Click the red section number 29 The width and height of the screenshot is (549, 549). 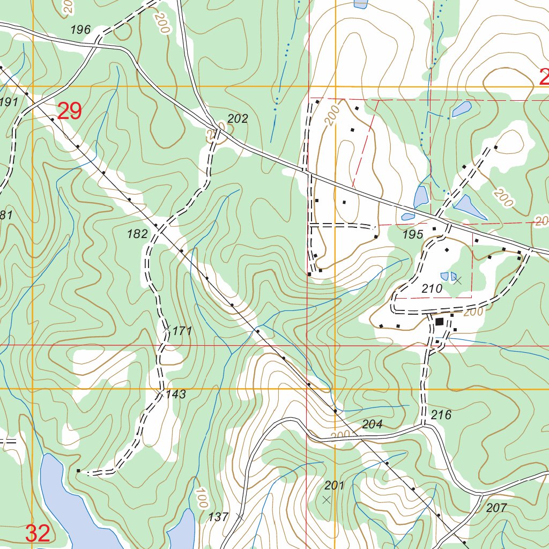point(69,112)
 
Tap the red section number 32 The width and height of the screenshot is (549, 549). point(38,533)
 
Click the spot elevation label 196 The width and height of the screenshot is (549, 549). point(80,30)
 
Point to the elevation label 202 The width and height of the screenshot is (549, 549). point(238,119)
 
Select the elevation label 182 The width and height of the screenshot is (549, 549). point(137,234)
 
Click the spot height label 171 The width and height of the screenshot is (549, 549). point(182,331)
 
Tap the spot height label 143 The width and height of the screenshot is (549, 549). point(175,395)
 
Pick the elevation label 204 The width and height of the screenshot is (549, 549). point(372,425)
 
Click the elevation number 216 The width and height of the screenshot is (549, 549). point(441,415)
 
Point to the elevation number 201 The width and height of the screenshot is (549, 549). point(334,486)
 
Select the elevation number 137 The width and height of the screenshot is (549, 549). point(218,517)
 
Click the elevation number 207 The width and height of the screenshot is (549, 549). point(496,508)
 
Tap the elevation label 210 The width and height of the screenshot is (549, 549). point(432,289)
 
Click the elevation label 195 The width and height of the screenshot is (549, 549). point(413,234)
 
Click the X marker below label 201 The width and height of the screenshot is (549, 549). point(327,500)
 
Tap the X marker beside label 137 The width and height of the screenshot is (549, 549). point(240,517)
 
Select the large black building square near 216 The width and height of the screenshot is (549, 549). point(440,322)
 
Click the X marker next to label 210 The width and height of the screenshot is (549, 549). point(457,279)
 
